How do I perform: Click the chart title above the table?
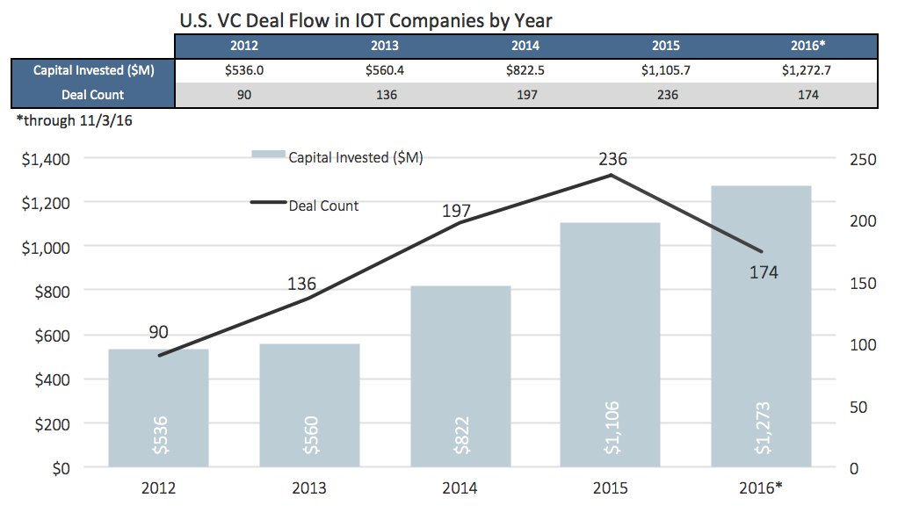tap(366, 18)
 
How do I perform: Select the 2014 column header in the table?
tap(525, 47)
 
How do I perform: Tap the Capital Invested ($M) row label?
tap(92, 71)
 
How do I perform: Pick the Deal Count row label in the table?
tap(92, 95)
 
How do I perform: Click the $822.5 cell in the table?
tap(525, 71)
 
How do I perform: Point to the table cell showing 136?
tap(385, 95)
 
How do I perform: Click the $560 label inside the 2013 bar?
tap(310, 432)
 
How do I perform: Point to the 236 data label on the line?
tap(612, 159)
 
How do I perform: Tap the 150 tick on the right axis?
tap(863, 284)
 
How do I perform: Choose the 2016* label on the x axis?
tap(761, 488)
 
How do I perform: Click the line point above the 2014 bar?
tap(460, 223)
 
